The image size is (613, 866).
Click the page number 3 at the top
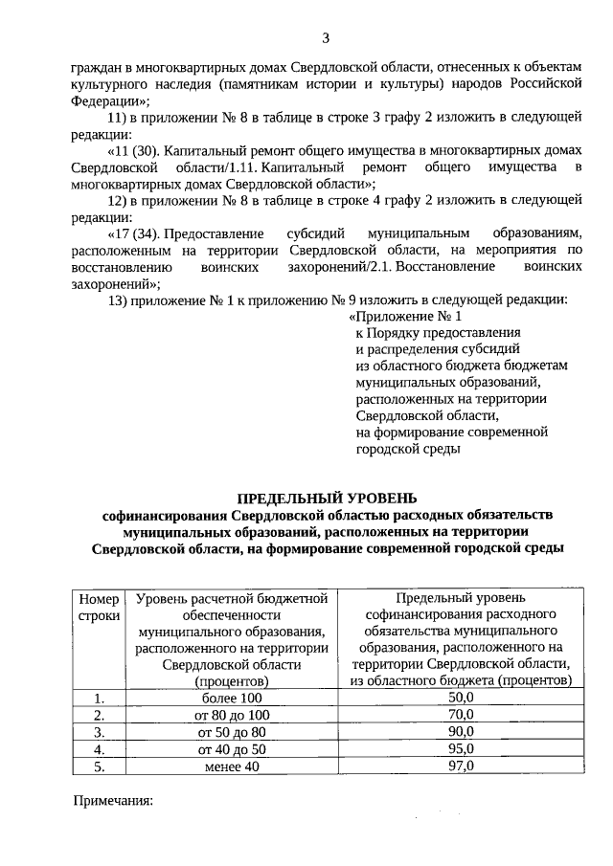326,38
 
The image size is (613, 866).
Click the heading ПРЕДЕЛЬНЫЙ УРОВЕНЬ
327,497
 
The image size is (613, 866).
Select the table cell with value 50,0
461,698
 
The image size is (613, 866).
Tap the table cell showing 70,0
461,715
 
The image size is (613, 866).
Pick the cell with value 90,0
461,732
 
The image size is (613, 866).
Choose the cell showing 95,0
461,748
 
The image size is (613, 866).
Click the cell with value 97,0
461,766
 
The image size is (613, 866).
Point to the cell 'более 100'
233,699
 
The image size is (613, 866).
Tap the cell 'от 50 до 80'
233,732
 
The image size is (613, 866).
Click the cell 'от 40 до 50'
233,749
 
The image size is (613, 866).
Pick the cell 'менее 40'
233,766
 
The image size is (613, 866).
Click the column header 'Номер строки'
99,608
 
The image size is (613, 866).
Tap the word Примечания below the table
114,800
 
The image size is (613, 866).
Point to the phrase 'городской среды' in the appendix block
408,448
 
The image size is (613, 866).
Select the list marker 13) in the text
120,299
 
